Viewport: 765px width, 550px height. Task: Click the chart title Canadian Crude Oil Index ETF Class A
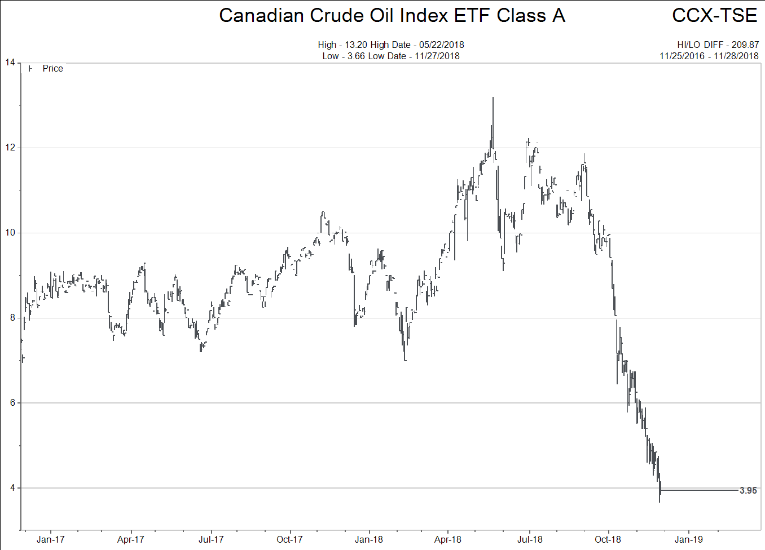392,16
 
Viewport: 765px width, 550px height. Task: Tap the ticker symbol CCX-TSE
714,16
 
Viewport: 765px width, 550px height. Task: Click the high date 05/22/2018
441,45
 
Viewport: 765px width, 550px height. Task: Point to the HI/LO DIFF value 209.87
745,45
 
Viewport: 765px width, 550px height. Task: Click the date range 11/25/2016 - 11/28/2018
709,56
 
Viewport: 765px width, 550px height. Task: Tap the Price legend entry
52,68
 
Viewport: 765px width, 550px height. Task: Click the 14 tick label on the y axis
10,63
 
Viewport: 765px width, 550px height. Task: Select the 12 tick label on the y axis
10,148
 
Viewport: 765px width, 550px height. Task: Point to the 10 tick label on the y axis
10,233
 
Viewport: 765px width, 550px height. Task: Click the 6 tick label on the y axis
12,403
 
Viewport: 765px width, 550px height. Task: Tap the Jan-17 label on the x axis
50,539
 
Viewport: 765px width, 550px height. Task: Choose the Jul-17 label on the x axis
210,539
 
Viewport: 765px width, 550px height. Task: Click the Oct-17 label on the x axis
289,539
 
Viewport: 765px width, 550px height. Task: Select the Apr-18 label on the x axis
447,539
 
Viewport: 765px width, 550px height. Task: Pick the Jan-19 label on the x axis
689,539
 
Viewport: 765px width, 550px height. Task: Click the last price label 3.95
748,491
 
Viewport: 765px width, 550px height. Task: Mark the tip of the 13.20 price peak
493,97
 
